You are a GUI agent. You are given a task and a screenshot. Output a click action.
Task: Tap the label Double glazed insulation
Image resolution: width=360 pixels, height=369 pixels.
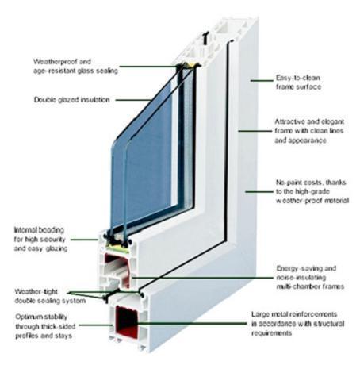click(x=71, y=100)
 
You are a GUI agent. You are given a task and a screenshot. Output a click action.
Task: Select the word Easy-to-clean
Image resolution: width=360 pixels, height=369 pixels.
click(x=298, y=78)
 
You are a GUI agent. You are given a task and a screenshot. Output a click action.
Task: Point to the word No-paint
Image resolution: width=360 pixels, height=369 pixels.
click(x=288, y=183)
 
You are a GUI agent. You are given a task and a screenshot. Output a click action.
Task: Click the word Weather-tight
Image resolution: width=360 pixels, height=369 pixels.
click(x=36, y=291)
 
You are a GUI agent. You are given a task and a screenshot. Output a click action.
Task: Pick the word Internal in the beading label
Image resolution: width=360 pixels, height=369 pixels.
click(x=25, y=230)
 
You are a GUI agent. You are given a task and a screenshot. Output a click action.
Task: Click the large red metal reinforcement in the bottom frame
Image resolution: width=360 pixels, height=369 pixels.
click(x=127, y=321)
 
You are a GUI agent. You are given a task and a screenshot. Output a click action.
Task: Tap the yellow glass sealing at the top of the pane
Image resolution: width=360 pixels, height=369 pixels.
click(x=191, y=65)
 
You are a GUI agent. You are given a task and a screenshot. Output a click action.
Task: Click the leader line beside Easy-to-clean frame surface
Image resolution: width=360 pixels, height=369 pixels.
click(x=262, y=80)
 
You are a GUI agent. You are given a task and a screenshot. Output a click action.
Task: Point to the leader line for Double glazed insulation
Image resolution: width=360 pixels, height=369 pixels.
click(x=134, y=100)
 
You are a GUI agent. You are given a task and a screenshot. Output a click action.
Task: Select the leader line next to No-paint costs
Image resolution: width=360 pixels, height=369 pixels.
click(x=259, y=191)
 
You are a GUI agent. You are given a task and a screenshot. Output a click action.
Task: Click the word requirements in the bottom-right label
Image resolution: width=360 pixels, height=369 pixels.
click(x=271, y=333)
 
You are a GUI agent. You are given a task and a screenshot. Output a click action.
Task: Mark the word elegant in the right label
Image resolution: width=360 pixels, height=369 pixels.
click(x=332, y=121)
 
